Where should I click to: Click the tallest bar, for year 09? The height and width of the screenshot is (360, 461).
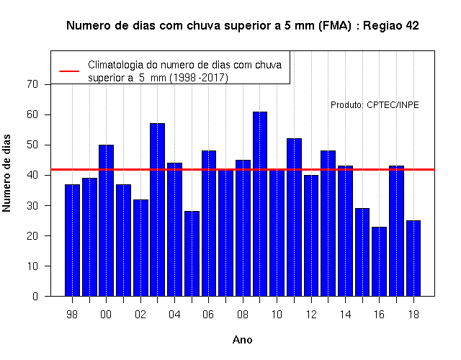click(260, 204)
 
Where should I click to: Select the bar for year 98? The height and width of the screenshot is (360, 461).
click(72, 240)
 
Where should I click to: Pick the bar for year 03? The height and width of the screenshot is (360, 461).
click(157, 210)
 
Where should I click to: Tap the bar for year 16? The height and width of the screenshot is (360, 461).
click(380, 261)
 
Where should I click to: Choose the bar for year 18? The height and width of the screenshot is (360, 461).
click(413, 258)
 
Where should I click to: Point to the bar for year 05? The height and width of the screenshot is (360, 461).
click(192, 253)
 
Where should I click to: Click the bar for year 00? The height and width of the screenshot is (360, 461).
click(106, 220)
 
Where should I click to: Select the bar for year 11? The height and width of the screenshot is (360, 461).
click(294, 217)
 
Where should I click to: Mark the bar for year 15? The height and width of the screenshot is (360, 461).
click(362, 252)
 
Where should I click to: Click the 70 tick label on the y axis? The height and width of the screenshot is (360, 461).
click(32, 84)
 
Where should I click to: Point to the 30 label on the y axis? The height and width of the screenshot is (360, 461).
click(32, 205)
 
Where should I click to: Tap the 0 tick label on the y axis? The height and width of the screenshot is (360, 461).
click(35, 296)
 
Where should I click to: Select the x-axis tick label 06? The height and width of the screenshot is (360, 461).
click(208, 315)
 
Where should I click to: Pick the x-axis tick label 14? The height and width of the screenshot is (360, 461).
click(346, 315)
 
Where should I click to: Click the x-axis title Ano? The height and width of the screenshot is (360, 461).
click(243, 340)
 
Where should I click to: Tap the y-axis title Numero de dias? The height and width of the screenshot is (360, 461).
click(6, 173)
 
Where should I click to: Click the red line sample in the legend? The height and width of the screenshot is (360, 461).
click(69, 71)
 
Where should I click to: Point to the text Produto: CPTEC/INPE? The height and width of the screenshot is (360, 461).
click(375, 105)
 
